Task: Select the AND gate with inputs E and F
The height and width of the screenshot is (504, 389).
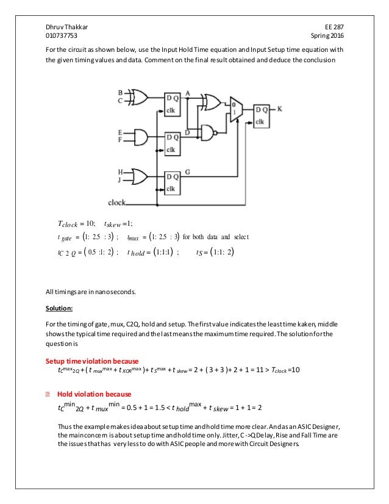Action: click(x=140, y=136)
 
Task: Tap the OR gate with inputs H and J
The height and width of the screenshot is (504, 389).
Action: click(x=139, y=176)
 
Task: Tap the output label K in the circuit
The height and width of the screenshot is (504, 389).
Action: click(x=279, y=109)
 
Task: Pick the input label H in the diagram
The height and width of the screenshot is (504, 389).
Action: click(x=120, y=172)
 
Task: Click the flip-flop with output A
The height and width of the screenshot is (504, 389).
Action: click(x=173, y=103)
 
